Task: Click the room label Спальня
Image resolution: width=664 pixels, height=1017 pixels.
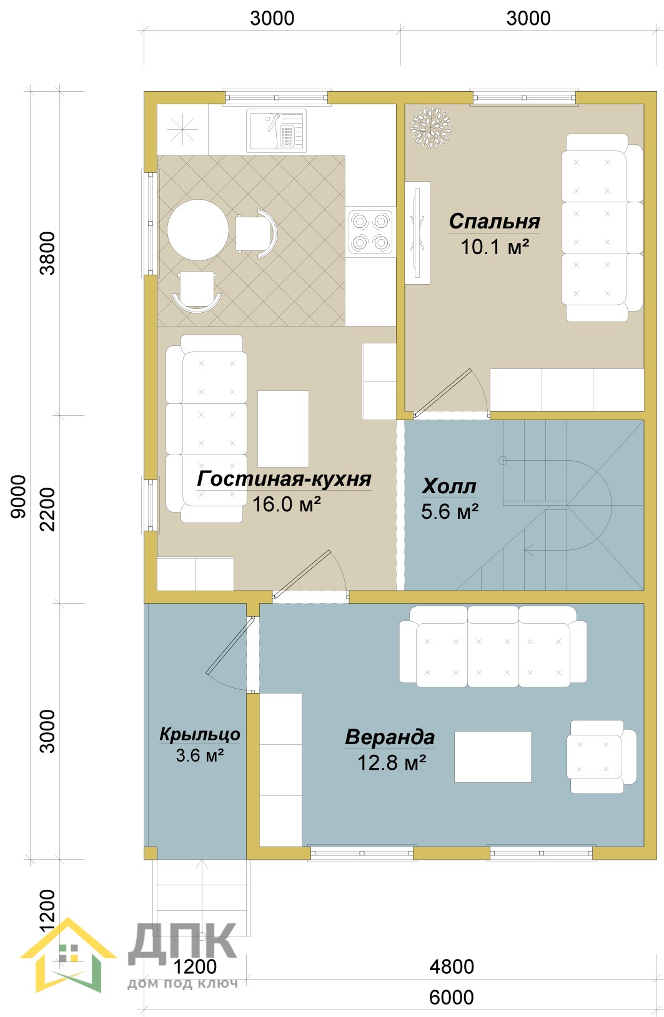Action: tap(494, 222)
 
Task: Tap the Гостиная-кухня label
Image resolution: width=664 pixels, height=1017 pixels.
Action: tap(284, 479)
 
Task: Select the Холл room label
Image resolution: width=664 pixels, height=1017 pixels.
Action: tap(448, 486)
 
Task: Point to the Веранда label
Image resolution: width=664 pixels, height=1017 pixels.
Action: tap(390, 737)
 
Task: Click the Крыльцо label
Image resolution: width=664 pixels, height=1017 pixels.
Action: tap(200, 734)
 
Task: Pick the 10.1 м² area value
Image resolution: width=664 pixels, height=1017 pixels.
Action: tap(495, 247)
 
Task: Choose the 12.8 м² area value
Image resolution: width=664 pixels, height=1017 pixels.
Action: tap(392, 763)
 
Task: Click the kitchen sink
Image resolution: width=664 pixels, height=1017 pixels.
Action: tap(276, 130)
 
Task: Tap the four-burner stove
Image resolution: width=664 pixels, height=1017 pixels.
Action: tap(370, 232)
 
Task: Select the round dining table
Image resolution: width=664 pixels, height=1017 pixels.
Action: tap(197, 230)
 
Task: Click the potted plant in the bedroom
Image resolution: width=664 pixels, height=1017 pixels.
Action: tap(431, 127)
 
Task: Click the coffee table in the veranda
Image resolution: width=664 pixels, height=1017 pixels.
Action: tap(493, 757)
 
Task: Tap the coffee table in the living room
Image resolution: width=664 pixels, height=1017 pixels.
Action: tap(283, 429)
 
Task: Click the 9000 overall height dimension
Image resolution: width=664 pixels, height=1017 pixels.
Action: tap(18, 496)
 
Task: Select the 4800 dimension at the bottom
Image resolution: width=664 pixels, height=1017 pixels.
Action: tap(452, 966)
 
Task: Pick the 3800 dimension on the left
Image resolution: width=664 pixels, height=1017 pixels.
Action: tap(47, 253)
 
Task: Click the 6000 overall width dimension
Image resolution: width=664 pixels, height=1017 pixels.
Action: tap(452, 998)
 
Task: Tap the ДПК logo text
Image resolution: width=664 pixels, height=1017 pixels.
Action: tap(182, 944)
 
